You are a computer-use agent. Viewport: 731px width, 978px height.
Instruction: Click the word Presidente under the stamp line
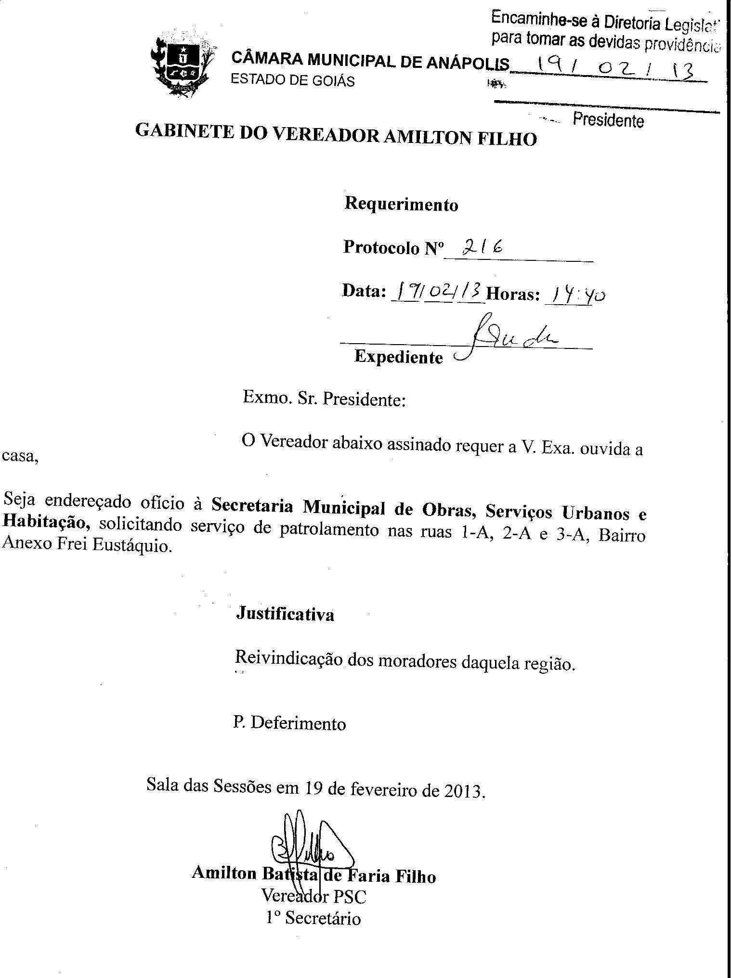(608, 120)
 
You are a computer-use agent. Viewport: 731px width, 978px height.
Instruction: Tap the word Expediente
(398, 357)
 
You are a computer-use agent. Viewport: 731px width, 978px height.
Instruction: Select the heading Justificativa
(285, 615)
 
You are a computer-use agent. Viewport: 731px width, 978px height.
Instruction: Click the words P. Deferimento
(289, 723)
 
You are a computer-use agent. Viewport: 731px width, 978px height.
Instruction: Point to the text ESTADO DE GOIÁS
(292, 80)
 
